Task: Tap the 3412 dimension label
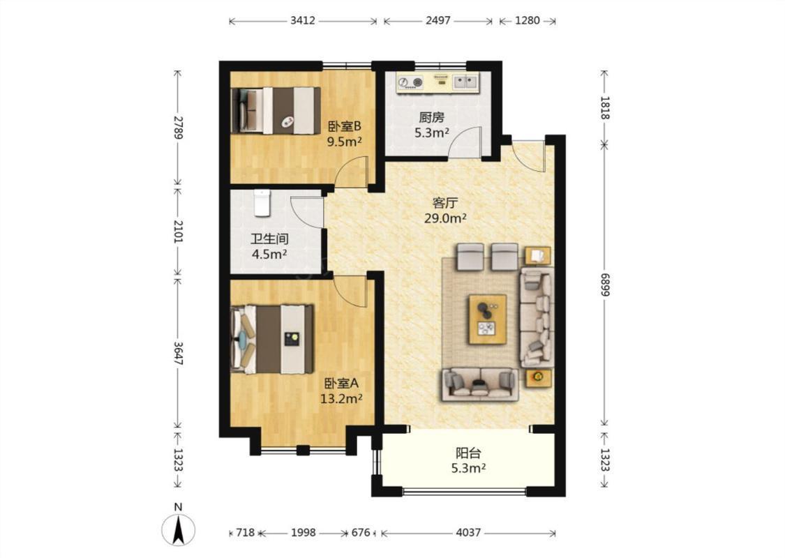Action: [302, 20]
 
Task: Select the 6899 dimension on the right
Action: [604, 285]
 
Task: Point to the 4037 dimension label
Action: [468, 532]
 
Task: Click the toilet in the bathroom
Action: [262, 203]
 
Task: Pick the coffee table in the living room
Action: [488, 319]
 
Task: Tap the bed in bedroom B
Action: [276, 111]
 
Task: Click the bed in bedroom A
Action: [272, 339]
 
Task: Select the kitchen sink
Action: [466, 81]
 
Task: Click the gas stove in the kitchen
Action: [410, 82]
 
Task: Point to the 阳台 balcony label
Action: [469, 453]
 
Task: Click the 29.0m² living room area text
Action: [446, 218]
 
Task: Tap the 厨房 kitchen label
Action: [431, 118]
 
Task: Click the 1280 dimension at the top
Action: [528, 20]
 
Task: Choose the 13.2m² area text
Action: [341, 399]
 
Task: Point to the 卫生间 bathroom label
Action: [269, 239]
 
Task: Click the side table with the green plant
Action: [539, 377]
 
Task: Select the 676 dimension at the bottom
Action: [361, 532]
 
